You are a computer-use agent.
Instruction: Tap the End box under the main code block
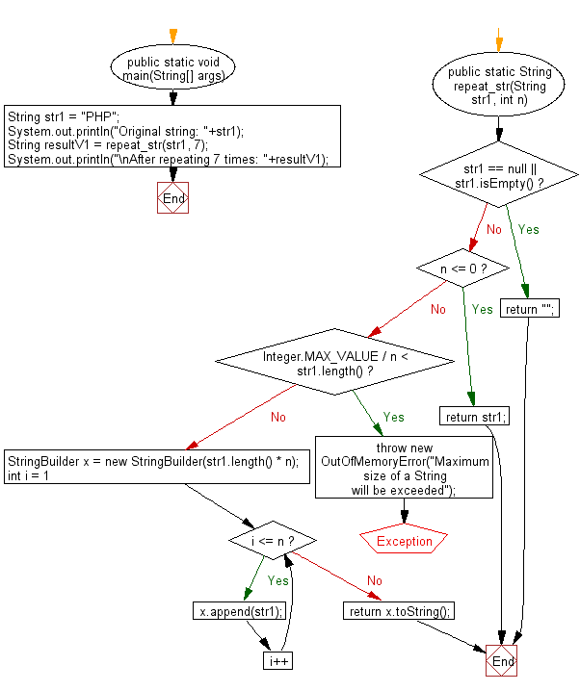coord(173,198)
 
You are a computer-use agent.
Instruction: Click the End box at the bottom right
coord(502,662)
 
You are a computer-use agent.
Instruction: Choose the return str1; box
coord(474,417)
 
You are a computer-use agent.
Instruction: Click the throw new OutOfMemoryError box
coord(403,469)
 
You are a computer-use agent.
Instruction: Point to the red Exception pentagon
coord(405,541)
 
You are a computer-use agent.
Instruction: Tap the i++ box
coord(278,661)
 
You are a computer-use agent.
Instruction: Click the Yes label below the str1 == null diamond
coord(529,229)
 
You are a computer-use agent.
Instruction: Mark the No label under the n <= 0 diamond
coord(438,309)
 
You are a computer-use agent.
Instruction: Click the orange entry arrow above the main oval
coord(173,36)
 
